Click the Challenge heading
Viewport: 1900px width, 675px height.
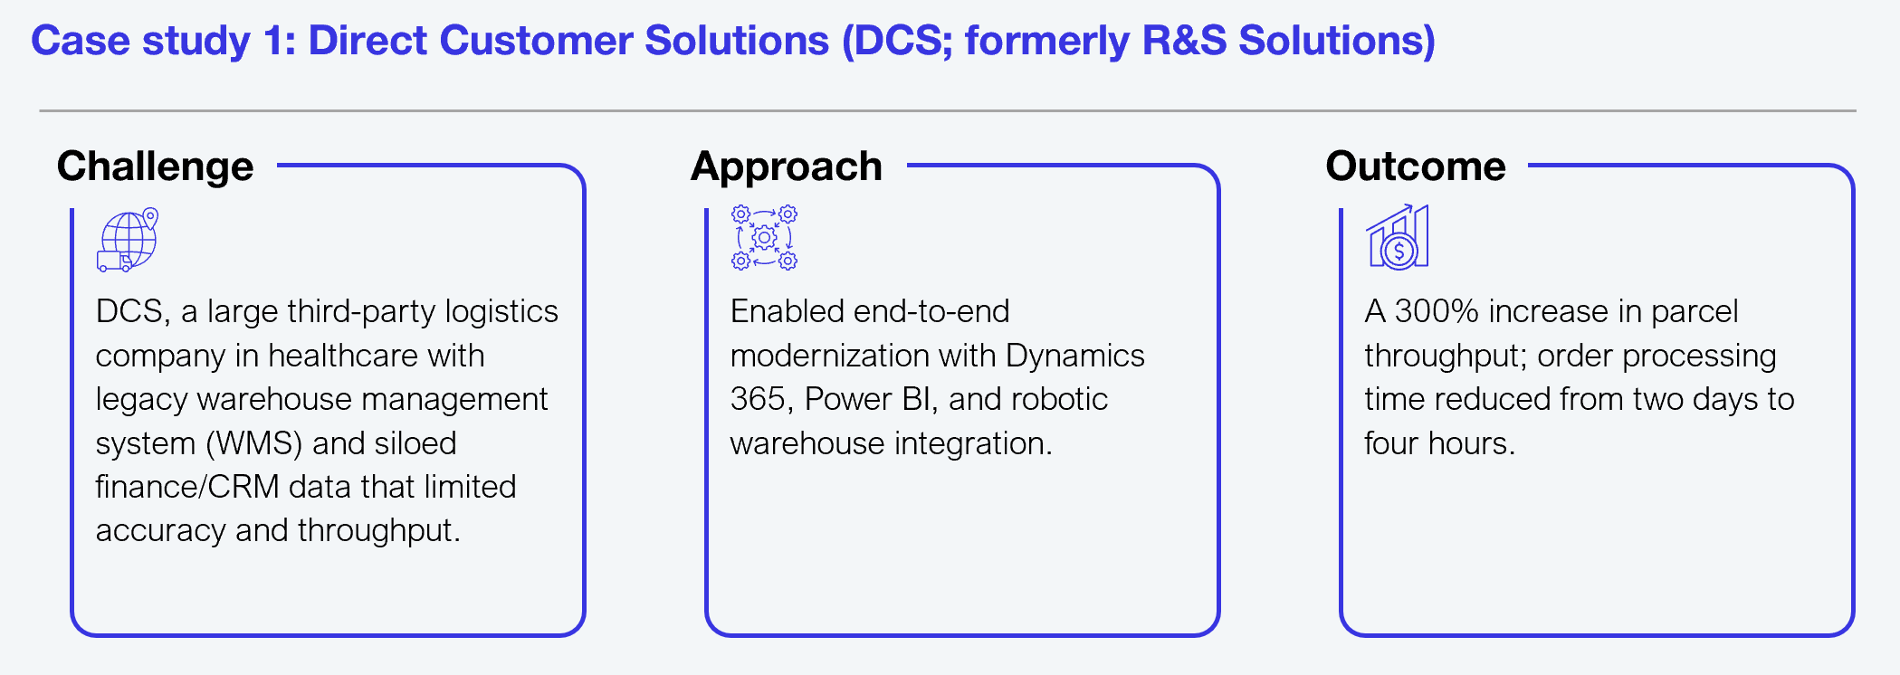(155, 167)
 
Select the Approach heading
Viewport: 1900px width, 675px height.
(787, 167)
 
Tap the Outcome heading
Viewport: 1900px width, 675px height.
(1416, 166)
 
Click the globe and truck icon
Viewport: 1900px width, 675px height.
(128, 240)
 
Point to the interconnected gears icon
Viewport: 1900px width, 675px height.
(764, 238)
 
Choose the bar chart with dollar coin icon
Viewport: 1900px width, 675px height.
(1398, 237)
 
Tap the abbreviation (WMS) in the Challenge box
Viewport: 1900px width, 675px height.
(253, 443)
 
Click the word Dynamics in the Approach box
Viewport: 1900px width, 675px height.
(1074, 357)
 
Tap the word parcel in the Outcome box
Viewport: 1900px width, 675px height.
(1695, 312)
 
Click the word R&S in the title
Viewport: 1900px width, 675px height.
(1184, 41)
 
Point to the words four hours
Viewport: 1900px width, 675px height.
(1439, 443)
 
